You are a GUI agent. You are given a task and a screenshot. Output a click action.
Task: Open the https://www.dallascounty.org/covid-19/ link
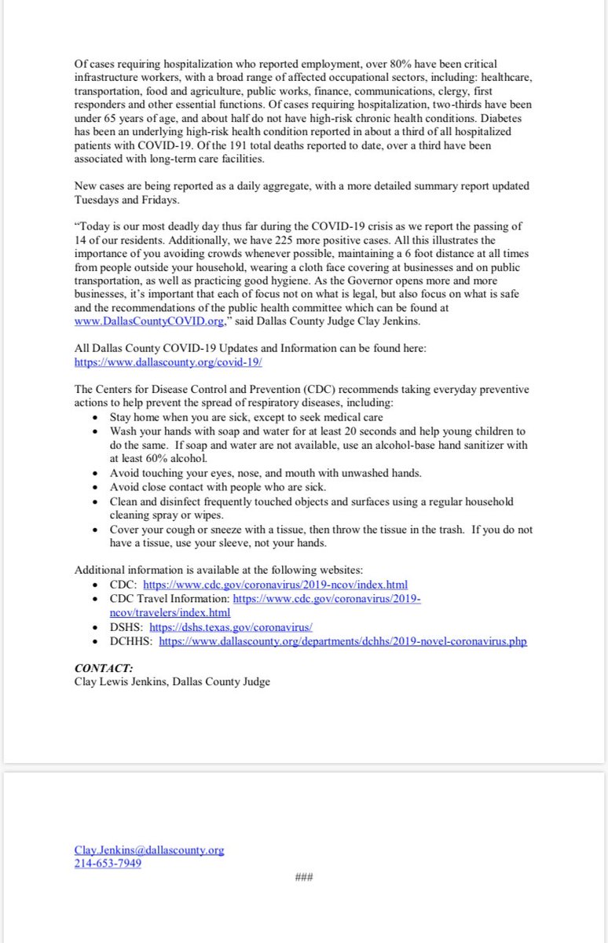tap(168, 363)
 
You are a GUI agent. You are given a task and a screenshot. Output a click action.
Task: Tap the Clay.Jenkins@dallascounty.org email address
tap(149, 850)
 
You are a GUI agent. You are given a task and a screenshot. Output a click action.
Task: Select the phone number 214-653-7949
tap(108, 864)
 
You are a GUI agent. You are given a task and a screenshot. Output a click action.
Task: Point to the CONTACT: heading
tap(104, 668)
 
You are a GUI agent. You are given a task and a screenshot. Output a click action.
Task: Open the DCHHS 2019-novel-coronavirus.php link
tap(342, 641)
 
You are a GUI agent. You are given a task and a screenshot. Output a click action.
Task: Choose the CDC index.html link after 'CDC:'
tap(275, 585)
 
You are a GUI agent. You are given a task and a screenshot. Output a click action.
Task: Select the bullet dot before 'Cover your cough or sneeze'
tap(95, 530)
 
